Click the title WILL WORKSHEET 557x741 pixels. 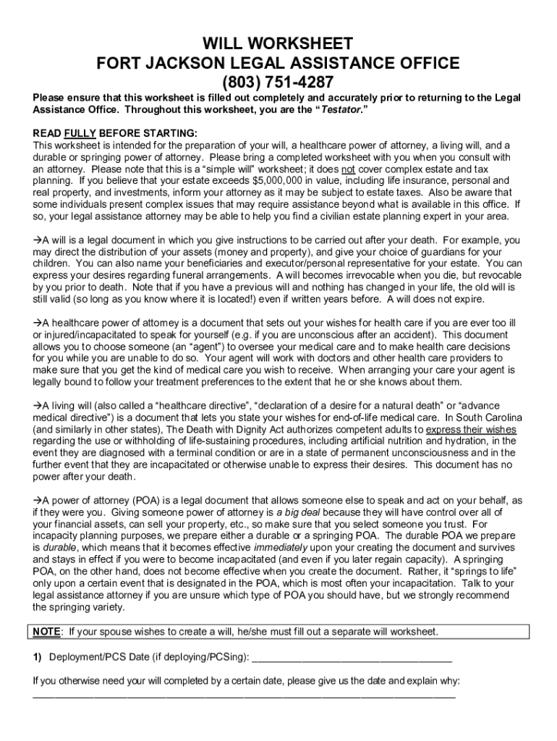[278, 43]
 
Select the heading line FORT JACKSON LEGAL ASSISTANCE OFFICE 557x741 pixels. [278, 63]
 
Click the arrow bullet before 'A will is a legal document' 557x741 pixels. [38, 240]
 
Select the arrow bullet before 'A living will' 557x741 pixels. [38, 406]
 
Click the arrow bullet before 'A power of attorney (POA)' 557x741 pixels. [38, 500]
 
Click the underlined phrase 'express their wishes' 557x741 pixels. [471, 429]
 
